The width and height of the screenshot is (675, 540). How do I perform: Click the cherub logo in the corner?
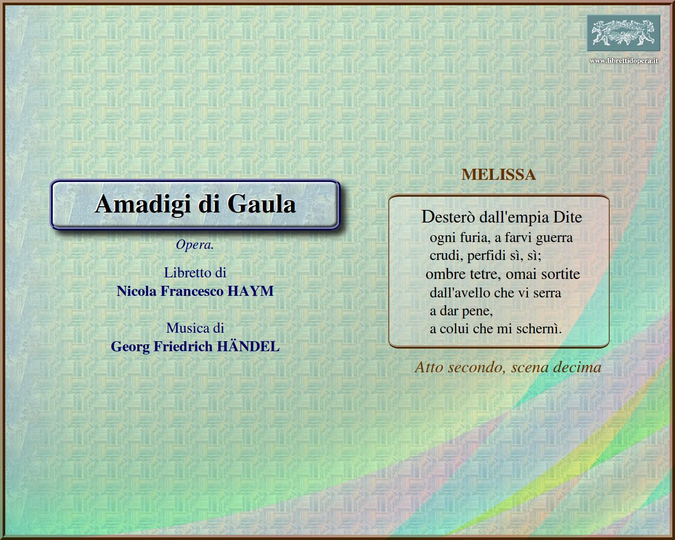coord(623,33)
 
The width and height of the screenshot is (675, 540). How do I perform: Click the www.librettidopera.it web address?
coord(623,61)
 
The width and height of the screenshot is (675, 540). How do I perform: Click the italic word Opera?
coord(195,245)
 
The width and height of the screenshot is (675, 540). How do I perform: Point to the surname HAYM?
coord(250,291)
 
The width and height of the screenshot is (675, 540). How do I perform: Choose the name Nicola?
coord(137,291)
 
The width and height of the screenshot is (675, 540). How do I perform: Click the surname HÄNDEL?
coord(248,346)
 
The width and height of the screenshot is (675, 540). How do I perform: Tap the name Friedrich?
coord(183,346)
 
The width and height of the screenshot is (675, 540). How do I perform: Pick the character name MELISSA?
coord(499,175)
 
